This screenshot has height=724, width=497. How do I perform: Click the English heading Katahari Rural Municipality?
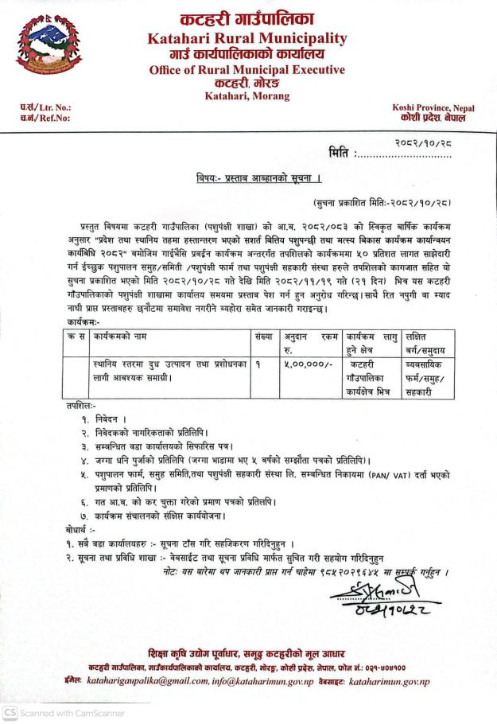248,39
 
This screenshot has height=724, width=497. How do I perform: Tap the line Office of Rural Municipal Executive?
247,70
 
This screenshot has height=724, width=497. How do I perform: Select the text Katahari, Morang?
247,95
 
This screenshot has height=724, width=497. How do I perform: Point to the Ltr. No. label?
33,107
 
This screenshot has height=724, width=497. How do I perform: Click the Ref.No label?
33,119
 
